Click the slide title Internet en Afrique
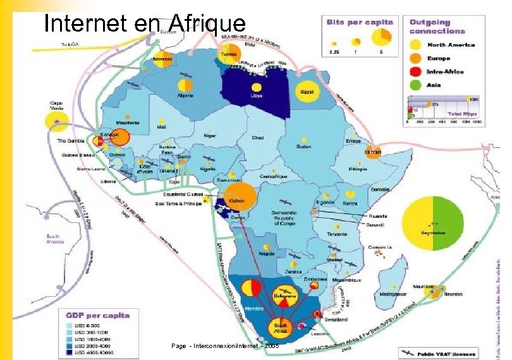coord(144,23)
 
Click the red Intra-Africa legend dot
coord(415,71)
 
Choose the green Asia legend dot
coord(415,85)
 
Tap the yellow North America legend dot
coord(415,45)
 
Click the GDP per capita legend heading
coord(99,315)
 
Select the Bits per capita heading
coord(360,21)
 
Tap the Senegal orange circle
coord(121,137)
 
